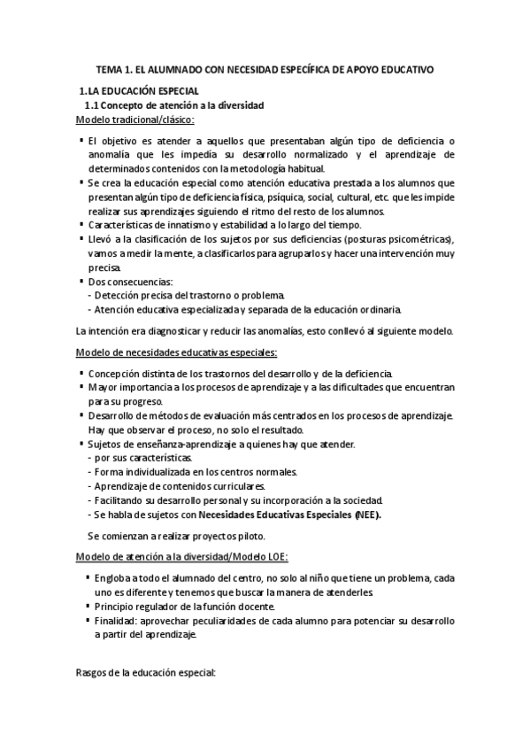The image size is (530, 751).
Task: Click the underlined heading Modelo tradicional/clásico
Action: pyautogui.click(x=135, y=120)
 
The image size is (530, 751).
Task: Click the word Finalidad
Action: pyautogui.click(x=119, y=620)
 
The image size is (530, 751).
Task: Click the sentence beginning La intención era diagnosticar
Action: pyautogui.click(x=265, y=331)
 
